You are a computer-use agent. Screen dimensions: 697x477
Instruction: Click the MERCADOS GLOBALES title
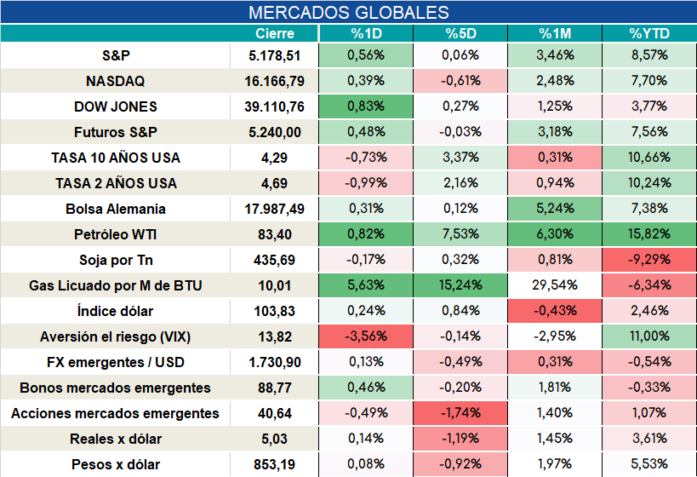coord(349,13)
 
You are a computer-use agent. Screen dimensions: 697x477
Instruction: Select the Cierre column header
coord(275,33)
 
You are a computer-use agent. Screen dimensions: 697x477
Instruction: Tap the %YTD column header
coord(649,33)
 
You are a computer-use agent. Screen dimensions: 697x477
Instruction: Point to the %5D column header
coord(460,33)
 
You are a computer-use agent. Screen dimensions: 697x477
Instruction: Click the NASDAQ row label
coord(115,81)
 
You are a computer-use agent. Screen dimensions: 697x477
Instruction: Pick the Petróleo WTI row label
coord(115,234)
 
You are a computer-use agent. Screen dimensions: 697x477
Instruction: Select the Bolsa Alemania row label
coord(115,209)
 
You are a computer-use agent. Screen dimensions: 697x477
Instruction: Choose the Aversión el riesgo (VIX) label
coord(115,336)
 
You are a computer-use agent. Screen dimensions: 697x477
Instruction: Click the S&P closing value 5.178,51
coord(275,55)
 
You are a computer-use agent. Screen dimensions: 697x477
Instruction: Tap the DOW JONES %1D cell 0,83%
coord(366,106)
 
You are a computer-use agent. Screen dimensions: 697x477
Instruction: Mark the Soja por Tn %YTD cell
coord(649,260)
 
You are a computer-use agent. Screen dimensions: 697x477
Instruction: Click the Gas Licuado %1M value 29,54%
coord(555,285)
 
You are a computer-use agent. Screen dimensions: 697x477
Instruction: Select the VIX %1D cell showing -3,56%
coord(366,336)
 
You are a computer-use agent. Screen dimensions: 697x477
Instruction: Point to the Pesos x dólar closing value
coord(274,464)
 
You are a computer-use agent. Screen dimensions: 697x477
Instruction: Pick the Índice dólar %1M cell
coord(555,311)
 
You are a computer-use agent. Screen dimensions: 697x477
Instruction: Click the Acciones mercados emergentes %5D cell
coord(460,413)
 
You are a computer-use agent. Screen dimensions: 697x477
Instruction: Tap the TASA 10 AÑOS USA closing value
coord(274,158)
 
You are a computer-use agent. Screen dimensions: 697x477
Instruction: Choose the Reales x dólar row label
coord(115,440)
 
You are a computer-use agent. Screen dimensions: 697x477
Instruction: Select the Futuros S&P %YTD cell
coord(649,132)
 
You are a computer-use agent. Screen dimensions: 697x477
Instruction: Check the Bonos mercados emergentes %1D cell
coord(366,388)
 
